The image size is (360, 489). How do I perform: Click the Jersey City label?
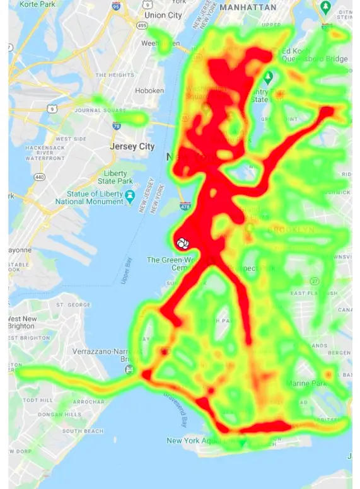tap(132, 146)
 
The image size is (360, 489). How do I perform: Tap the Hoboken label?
tap(150, 91)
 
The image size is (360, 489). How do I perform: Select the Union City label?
tap(163, 15)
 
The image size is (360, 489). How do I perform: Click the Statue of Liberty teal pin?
tap(130, 194)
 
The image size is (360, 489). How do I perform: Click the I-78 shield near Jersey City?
tap(116, 126)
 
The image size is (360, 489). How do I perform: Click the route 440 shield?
tap(40, 178)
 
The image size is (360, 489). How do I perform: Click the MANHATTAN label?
tap(248, 7)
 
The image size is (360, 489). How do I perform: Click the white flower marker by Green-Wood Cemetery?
tap(182, 242)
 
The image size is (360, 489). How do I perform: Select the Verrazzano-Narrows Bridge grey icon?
tap(129, 369)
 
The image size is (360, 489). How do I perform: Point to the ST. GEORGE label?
tap(70, 305)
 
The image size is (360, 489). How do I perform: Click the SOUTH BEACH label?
tap(82, 431)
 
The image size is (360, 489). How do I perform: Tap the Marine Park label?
tap(306, 383)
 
